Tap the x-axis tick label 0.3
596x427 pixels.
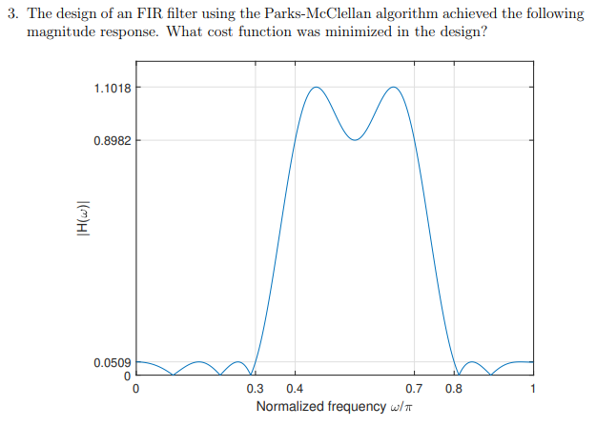tap(255, 389)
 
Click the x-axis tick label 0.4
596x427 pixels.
tap(295, 389)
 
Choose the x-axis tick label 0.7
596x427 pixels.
tap(414, 389)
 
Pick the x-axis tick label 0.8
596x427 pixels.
tap(454, 389)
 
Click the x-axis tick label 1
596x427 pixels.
tap(533, 389)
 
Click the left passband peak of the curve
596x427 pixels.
tap(315, 88)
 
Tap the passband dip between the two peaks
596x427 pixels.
tap(355, 140)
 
